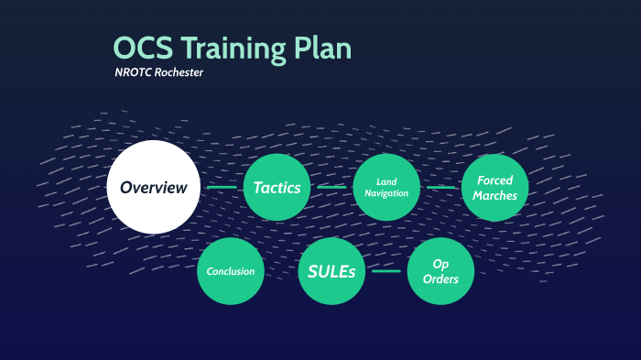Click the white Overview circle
153,187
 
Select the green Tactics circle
277,187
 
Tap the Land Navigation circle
386,187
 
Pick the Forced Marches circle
495,187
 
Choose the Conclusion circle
231,271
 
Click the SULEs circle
331,271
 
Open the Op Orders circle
440,271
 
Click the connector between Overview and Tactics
222,188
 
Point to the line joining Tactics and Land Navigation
331,188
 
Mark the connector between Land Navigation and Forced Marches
440,188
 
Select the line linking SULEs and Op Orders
386,271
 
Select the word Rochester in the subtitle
179,73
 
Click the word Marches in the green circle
495,195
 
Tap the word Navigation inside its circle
386,193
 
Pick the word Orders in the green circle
440,279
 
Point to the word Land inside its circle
386,181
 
